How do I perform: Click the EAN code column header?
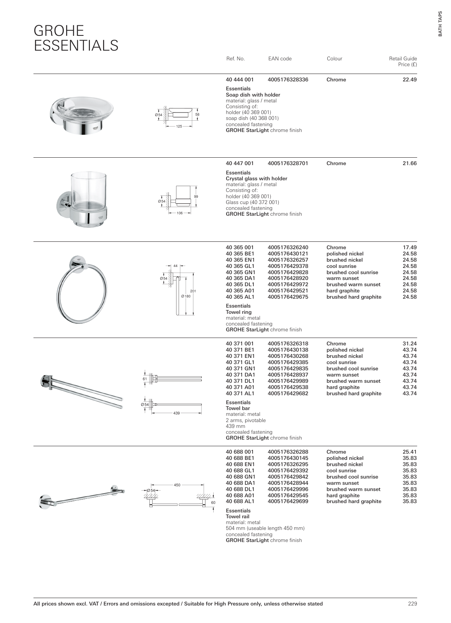pos(279,59)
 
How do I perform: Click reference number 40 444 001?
pos(240,80)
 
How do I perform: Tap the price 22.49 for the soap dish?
pos(409,80)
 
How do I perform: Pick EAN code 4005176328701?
pos(288,164)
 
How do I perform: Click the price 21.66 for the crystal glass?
pos(409,164)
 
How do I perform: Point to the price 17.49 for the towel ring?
pos(409,248)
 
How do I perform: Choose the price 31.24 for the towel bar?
pos(409,344)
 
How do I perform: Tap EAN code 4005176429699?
pos(288,502)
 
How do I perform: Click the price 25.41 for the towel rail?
pos(409,452)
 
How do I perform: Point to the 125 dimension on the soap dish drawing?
pos(179,127)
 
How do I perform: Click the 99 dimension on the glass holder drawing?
pos(196,197)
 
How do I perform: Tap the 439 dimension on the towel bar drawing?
pos(176,413)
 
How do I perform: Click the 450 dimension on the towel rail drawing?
pos(177,485)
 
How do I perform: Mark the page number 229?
pos(412,604)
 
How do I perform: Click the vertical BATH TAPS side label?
pos(440,23)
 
